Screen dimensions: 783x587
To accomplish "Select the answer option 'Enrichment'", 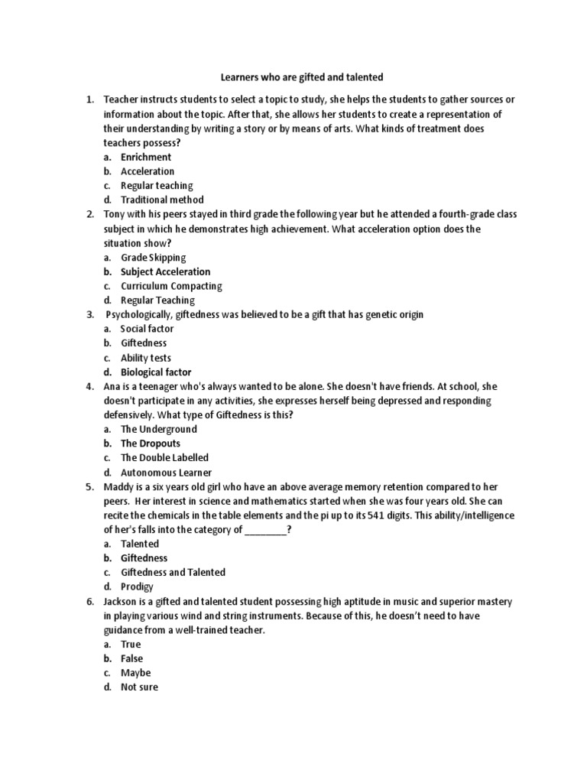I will point(146,157).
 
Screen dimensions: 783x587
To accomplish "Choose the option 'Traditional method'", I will point(162,200).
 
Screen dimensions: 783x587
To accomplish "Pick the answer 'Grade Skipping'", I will point(153,258).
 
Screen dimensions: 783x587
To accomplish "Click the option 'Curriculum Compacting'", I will point(171,286).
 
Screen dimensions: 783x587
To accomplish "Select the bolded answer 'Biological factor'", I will point(156,372).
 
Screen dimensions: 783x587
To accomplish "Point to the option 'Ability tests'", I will point(145,358).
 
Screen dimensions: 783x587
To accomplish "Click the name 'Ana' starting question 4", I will point(112,387).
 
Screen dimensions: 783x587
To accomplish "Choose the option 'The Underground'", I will point(159,429).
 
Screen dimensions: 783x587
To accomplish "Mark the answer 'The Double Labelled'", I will point(164,458).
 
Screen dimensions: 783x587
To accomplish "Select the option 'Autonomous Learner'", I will point(167,473).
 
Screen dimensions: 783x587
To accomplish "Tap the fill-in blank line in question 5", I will point(265,530).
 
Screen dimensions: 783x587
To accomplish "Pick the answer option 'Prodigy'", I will point(137,586).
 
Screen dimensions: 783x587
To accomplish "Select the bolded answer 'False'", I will point(131,658).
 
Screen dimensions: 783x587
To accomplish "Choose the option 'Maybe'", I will point(136,673).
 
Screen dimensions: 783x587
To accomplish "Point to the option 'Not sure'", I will point(139,687).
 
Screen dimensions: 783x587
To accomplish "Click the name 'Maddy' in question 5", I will point(118,486).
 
